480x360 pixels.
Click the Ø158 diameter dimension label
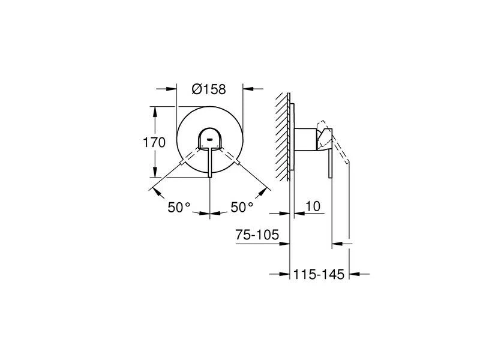click(x=209, y=89)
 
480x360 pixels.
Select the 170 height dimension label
click(x=154, y=142)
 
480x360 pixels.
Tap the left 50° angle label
click(x=179, y=208)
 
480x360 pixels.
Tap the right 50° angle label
click(x=242, y=208)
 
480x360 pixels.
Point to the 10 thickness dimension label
click(x=313, y=206)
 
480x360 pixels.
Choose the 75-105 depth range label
click(x=257, y=235)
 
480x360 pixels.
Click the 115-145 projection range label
click(x=319, y=274)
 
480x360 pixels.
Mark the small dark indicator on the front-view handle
click(x=209, y=140)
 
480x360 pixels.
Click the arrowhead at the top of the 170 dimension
click(x=155, y=111)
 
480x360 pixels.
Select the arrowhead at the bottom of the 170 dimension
click(x=155, y=172)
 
